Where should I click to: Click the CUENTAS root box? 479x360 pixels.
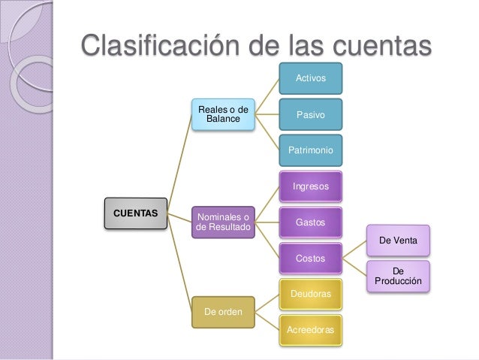pyautogui.click(x=135, y=213)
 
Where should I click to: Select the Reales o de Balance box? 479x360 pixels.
pyautogui.click(x=223, y=114)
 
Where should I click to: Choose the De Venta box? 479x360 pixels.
pyautogui.click(x=398, y=241)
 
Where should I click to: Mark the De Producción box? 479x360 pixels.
pyautogui.click(x=398, y=277)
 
